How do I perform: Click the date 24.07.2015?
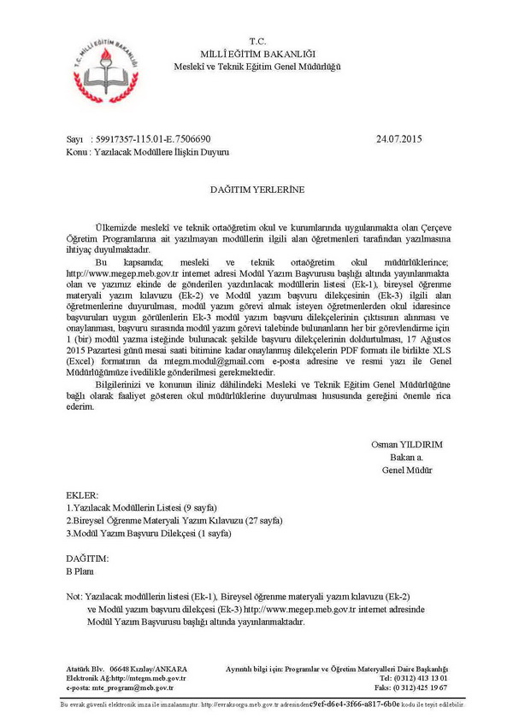pos(398,137)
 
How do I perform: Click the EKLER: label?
pos(82,494)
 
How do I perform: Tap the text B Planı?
pos(80,571)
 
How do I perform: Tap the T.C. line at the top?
pos(257,41)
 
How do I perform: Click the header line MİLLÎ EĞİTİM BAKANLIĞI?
pos(257,53)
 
